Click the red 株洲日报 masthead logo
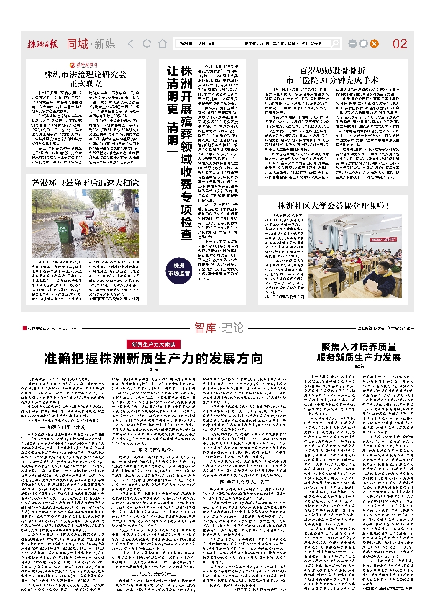pos(43,44)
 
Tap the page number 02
pos(400,44)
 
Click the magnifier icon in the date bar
pos(335,44)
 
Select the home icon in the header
pos(163,44)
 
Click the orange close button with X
pos(374,44)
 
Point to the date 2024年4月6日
pos(192,44)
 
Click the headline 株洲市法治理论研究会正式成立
pos(86,79)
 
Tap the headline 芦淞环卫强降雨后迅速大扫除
pos(86,183)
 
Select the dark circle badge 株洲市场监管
pos(179,270)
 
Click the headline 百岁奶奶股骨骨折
pos(332,71)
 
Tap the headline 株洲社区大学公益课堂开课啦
pos(333,206)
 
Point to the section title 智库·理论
pos(219,328)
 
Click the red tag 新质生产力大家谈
pos(153,344)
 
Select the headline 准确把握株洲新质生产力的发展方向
pos(153,358)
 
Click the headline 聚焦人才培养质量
pos(359,347)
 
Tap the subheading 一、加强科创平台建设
pos(63,428)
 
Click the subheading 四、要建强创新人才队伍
pos(244,482)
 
